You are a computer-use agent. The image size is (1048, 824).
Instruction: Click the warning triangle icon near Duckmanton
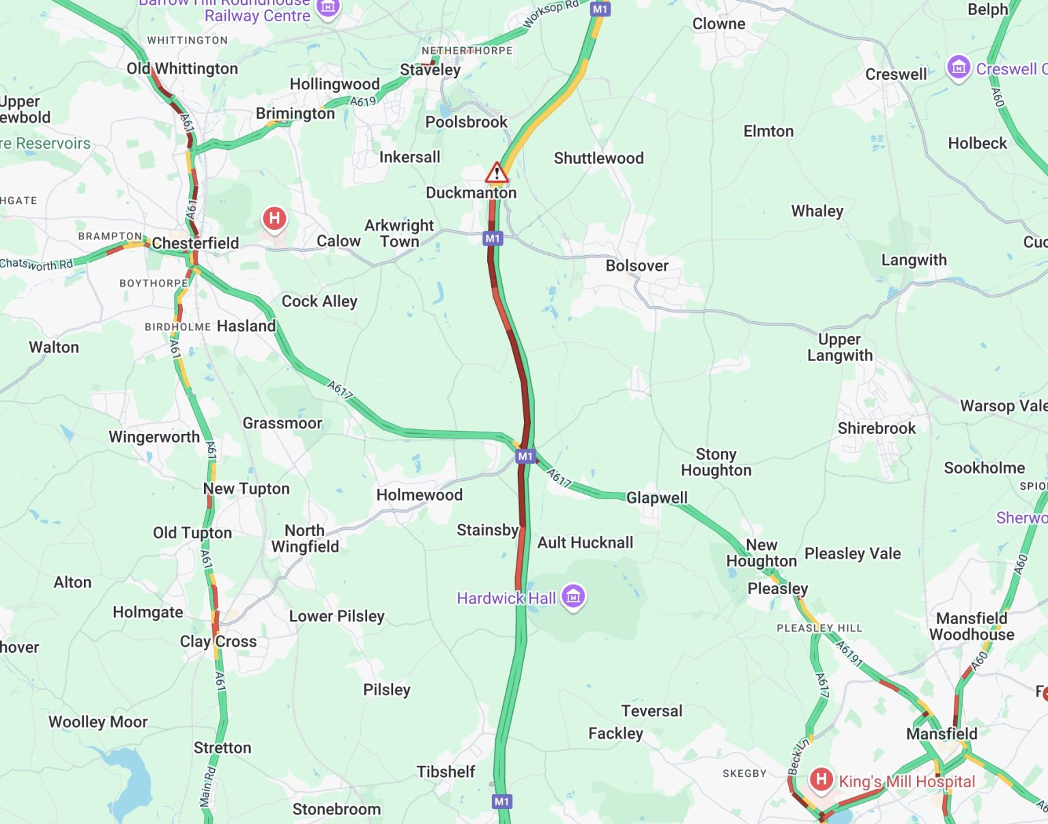[497, 173]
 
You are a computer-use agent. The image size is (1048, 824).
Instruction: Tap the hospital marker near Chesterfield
[274, 219]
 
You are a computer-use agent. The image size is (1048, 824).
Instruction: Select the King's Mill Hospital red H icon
[821, 779]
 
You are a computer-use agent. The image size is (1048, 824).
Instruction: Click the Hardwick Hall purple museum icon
[573, 596]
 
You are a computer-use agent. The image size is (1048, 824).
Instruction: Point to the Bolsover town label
[637, 266]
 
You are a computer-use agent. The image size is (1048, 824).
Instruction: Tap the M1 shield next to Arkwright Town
[493, 239]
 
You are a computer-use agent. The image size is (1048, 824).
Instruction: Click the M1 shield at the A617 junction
[525, 456]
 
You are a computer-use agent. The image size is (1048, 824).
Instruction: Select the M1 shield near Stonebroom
[502, 801]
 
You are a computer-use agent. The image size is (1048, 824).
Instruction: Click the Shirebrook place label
[876, 428]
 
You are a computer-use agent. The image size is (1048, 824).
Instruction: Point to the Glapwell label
[656, 498]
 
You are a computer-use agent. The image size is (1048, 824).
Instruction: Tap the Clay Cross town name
[218, 642]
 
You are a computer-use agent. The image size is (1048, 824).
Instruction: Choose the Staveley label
[430, 70]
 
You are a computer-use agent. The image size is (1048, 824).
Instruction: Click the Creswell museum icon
[958, 68]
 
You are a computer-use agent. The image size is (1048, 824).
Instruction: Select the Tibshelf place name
[446, 772]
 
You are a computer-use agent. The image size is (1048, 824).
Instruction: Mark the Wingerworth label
[154, 437]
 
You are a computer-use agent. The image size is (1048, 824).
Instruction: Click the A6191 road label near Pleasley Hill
[849, 653]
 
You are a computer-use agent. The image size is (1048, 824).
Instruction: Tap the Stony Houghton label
[716, 462]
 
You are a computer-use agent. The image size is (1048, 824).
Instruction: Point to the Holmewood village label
[419, 495]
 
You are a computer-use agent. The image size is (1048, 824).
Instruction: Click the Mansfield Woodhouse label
[971, 626]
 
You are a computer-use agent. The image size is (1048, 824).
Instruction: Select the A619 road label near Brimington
[363, 102]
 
